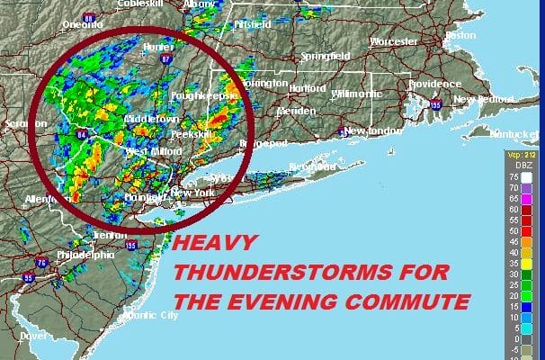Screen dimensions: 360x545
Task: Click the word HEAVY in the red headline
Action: tap(216, 243)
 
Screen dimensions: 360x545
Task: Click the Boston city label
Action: tap(460, 35)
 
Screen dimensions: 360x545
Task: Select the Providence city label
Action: tap(410, 83)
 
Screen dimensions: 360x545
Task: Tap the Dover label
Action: tap(33, 335)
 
